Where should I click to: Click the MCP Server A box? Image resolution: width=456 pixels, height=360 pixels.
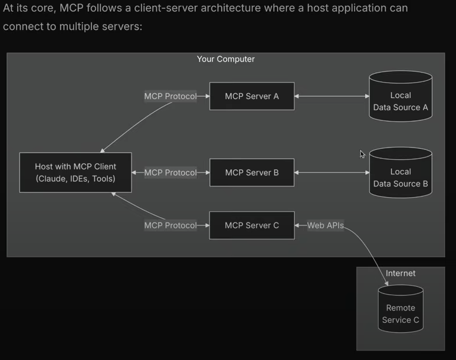252,96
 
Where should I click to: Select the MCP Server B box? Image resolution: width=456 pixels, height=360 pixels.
252,173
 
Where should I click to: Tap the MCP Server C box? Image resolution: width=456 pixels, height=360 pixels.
252,225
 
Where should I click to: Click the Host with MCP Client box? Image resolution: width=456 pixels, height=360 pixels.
76,173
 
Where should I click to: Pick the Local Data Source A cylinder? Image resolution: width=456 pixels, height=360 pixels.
401,97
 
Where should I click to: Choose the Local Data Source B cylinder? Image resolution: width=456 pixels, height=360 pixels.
401,174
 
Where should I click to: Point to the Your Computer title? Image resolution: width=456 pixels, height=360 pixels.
226,59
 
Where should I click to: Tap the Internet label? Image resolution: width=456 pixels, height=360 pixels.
401,273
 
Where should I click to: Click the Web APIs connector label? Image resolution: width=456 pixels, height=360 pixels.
325,225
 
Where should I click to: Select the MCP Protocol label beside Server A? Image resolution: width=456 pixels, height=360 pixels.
170,96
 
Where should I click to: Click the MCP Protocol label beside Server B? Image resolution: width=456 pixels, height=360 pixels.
170,173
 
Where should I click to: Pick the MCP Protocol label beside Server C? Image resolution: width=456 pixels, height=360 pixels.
170,225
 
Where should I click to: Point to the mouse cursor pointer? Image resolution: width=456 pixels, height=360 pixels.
362,154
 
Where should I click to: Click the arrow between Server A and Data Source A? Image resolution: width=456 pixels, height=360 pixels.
332,96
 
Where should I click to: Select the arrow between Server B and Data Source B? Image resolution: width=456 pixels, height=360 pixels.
332,173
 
